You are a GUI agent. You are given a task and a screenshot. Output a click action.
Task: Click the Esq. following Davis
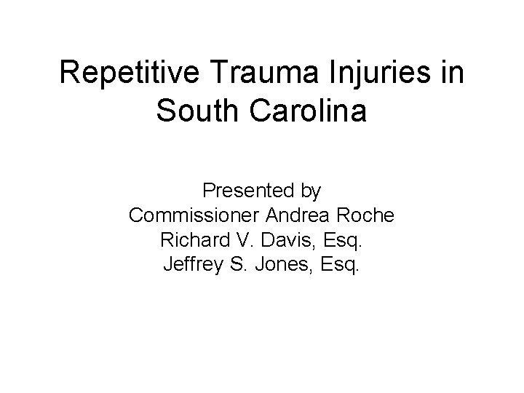[338, 240]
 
